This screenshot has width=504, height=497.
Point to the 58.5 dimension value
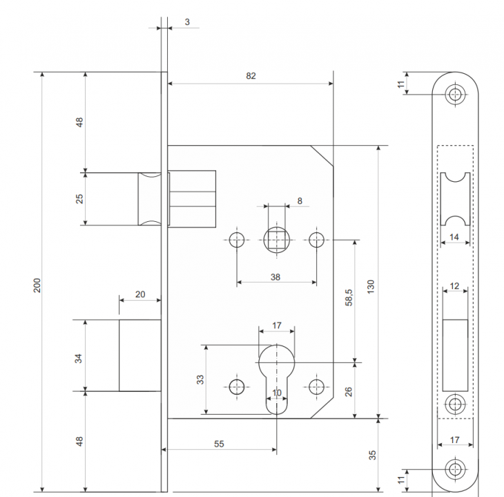point(349,299)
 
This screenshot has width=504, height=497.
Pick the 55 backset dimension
point(218,444)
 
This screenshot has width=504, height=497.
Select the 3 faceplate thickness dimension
point(187,22)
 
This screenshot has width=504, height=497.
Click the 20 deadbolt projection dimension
point(140,294)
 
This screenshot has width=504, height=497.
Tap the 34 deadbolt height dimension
point(79,357)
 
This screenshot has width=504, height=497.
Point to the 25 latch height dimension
point(79,198)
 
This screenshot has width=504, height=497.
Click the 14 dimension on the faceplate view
point(454,236)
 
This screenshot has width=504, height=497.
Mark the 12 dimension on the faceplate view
point(454,285)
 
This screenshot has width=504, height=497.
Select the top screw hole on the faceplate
point(454,95)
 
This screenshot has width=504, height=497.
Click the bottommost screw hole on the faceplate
point(454,469)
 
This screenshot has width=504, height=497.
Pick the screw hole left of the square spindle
point(237,240)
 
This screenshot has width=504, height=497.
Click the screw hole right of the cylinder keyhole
point(316,386)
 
